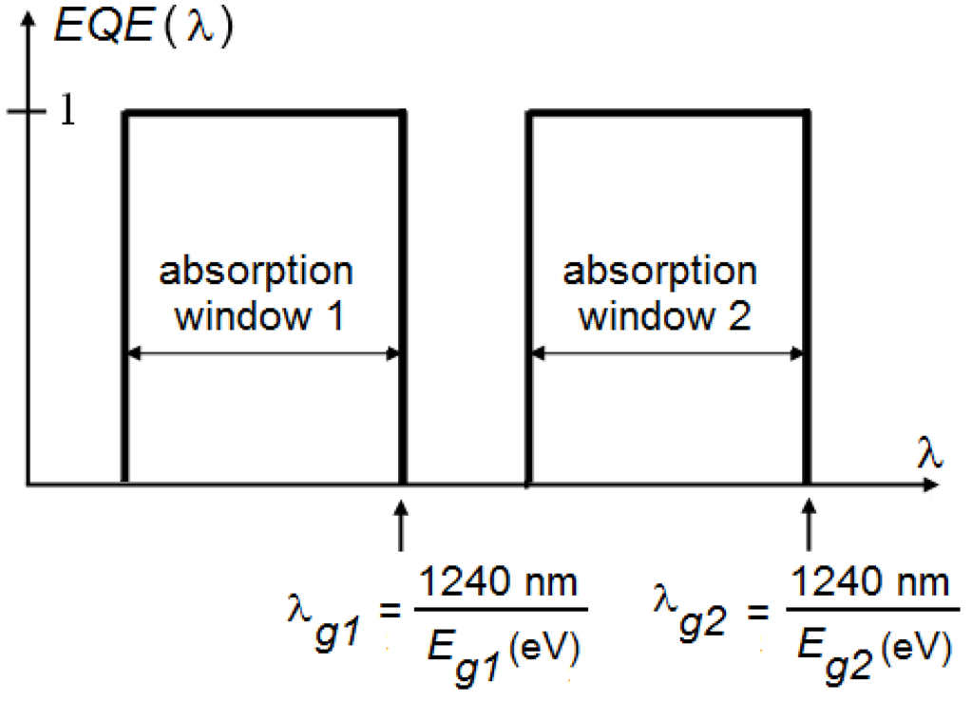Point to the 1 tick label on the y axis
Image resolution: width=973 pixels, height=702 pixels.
tap(67, 112)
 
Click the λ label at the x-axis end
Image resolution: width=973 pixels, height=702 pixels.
tap(930, 455)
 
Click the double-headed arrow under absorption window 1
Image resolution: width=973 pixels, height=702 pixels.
tap(264, 354)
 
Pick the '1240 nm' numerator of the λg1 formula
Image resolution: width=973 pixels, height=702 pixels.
tap(502, 582)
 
